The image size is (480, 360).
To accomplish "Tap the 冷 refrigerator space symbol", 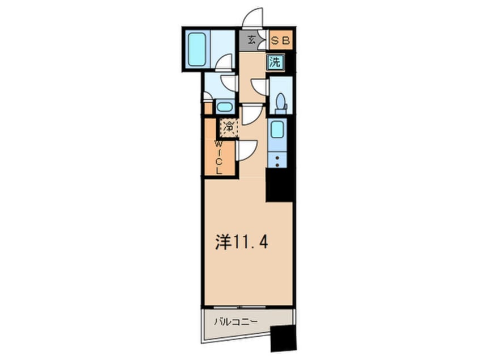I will (x=229, y=128).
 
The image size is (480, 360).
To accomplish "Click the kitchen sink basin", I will (x=278, y=130).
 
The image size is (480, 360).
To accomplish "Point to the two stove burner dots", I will (x=277, y=161).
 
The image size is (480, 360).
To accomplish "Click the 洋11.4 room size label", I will (x=241, y=243).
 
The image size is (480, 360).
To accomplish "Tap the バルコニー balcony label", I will (x=235, y=322).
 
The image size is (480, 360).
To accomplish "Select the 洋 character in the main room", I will (x=223, y=243).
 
